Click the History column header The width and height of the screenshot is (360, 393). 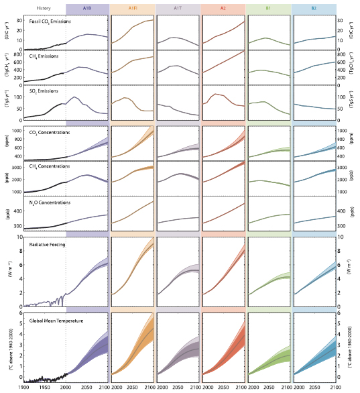tap(45, 7)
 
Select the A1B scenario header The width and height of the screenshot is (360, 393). tap(88, 7)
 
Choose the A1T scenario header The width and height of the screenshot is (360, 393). tap(176, 7)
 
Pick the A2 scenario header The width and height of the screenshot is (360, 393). tap(221, 7)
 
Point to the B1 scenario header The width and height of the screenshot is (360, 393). tap(267, 7)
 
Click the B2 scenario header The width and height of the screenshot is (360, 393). tap(314, 7)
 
